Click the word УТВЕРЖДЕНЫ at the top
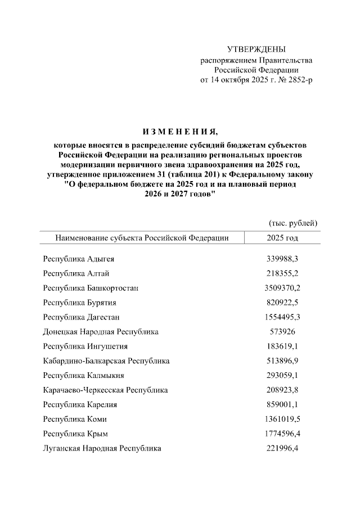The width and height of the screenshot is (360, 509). pos(256,49)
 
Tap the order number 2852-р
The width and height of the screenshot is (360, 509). pos(298,80)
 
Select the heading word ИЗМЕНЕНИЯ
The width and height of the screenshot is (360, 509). pos(179,132)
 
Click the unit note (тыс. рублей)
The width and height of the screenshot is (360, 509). pos(294,223)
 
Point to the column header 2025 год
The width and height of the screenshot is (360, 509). pos(282,237)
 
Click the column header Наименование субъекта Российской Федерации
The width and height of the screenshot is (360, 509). pos(142,237)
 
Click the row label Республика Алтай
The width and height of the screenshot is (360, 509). pos(76,273)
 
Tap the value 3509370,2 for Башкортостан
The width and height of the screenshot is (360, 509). pos(282,288)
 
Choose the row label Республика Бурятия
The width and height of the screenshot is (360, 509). pos(80,303)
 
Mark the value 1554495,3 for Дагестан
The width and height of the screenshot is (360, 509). pos(282,317)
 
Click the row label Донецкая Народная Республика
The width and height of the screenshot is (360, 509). pos(101,332)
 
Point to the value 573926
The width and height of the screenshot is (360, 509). pos(282,332)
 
